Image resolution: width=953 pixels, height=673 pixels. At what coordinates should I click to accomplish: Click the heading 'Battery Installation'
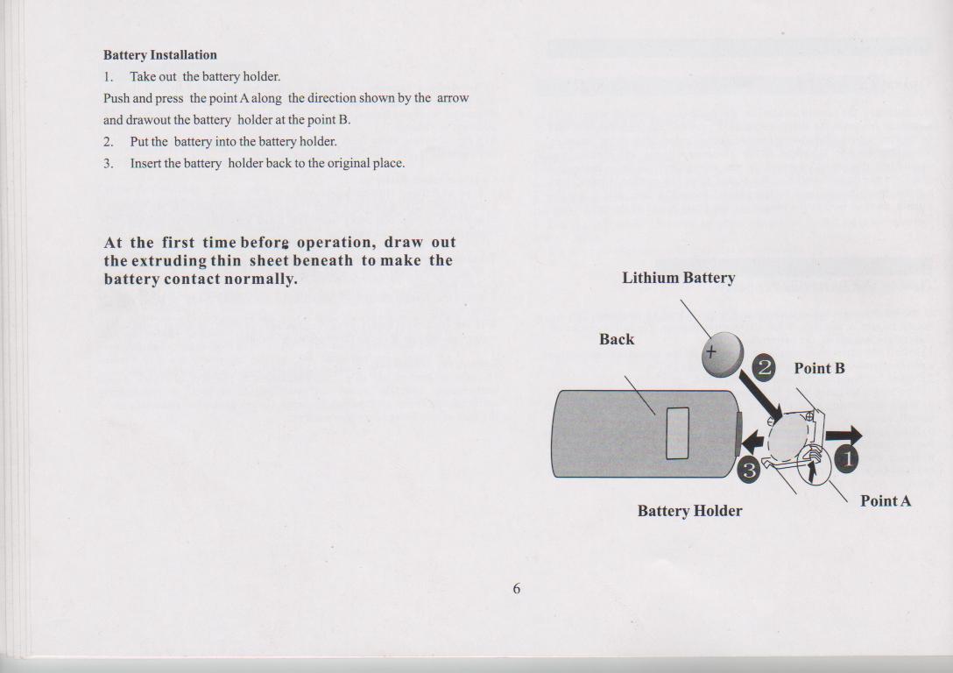[160, 55]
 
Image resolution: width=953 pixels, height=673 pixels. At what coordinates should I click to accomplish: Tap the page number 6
[517, 589]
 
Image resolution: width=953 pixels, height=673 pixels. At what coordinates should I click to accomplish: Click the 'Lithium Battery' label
[678, 279]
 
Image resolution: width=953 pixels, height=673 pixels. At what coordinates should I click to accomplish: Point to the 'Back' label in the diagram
[617, 340]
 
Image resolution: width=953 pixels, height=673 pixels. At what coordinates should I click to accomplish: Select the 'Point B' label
[819, 369]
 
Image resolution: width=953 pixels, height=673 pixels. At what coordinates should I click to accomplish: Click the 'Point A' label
[885, 501]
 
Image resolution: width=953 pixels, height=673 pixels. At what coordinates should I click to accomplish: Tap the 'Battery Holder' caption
[689, 511]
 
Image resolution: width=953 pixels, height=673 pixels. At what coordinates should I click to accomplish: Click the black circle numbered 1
[846, 457]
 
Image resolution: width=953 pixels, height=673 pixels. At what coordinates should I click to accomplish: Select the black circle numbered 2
[764, 368]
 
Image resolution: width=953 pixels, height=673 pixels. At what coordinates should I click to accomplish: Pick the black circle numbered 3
[749, 471]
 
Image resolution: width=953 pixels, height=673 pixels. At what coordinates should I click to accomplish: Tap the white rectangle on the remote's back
[677, 433]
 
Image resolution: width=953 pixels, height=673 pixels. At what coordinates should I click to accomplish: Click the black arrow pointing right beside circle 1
[844, 436]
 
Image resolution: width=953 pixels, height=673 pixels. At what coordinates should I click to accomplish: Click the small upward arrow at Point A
[814, 471]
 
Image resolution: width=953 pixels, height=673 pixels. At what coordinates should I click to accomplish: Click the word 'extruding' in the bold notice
[169, 261]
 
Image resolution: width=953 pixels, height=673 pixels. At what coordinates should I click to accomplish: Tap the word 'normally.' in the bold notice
[261, 280]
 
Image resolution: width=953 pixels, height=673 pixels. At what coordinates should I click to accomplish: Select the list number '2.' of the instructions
[109, 142]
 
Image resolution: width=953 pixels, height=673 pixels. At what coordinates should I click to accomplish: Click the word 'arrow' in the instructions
[454, 98]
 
